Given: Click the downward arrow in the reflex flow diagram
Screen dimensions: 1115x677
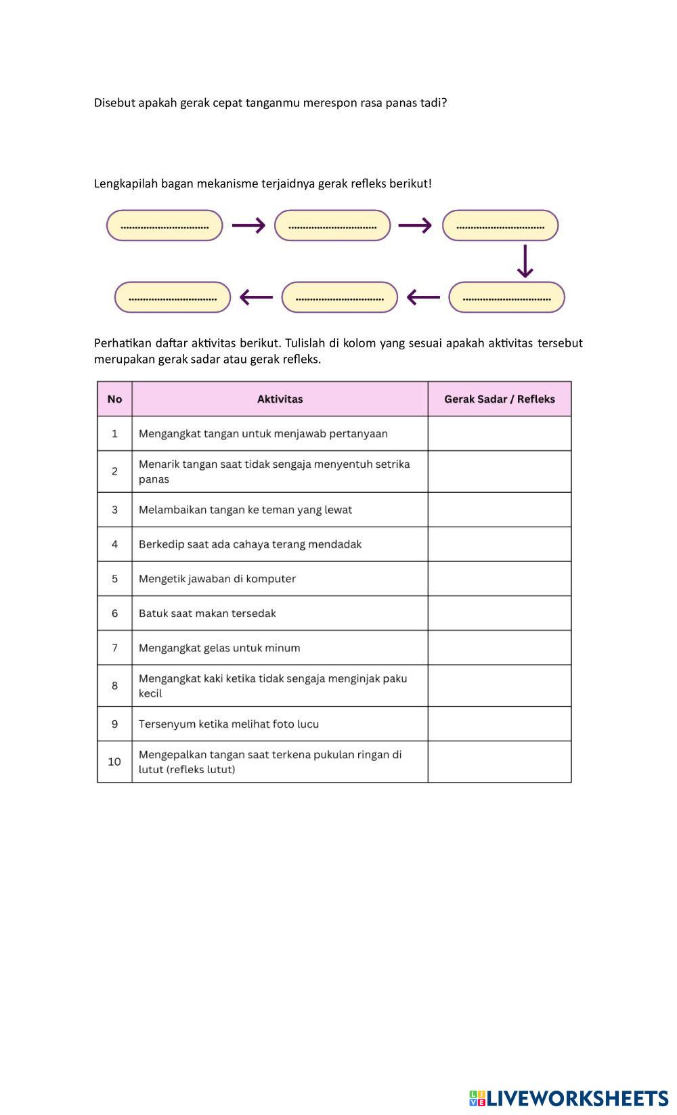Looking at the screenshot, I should (525, 261).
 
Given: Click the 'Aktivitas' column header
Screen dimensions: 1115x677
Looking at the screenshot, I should (280, 399).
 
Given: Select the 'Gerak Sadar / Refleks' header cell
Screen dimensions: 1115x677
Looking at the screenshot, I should (500, 399).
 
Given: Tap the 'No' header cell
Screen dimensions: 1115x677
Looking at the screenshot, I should (114, 399).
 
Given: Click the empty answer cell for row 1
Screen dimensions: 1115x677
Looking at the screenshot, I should (500, 434).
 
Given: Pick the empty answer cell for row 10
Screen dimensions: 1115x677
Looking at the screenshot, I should (500, 762).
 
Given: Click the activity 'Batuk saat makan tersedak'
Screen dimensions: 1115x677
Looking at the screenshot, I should (207, 613).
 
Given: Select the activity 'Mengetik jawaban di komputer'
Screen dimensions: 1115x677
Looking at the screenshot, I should (217, 579).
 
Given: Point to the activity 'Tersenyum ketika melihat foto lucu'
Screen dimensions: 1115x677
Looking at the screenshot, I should (229, 724).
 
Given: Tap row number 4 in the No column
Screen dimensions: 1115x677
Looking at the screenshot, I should (114, 544).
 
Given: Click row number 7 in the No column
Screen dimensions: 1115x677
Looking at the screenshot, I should (114, 648).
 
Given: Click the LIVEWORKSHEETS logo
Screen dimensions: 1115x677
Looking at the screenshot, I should (569, 1098).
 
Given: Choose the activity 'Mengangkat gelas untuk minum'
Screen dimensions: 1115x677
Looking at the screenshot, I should (219, 648).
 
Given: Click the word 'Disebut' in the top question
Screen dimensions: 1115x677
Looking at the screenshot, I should (114, 103).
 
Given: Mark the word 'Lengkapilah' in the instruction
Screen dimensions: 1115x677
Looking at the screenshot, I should (126, 183).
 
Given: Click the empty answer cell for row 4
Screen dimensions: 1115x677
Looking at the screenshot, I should (500, 544).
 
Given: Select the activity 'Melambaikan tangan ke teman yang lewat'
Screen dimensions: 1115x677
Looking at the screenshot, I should (245, 510).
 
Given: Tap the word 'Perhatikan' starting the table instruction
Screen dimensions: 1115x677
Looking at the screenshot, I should (123, 343).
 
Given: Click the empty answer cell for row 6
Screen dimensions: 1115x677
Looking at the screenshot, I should (500, 613).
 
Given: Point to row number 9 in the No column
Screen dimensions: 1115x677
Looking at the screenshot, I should (114, 724).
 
